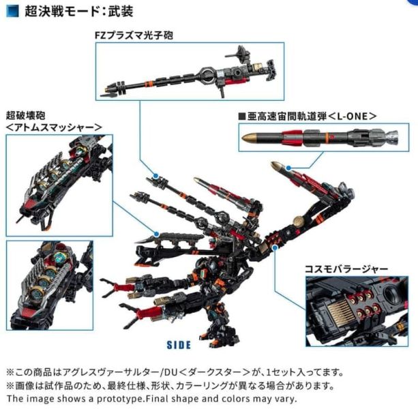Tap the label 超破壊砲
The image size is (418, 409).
click(27, 114)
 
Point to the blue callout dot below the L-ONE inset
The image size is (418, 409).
click(289, 166)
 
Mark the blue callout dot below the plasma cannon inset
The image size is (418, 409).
click(156, 177)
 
